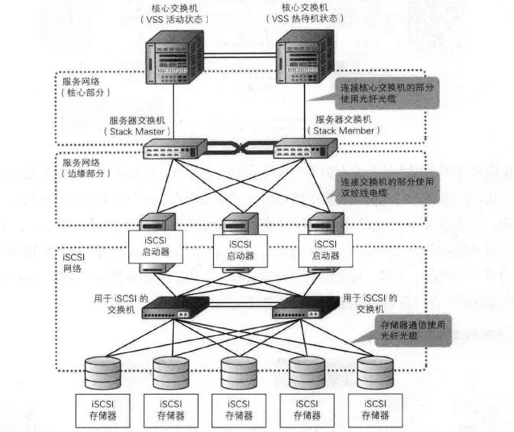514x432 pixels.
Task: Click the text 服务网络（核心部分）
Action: [x=85, y=85]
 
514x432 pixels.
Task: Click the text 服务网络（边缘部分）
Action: [x=85, y=169]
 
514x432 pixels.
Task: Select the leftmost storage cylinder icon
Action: [x=104, y=372]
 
